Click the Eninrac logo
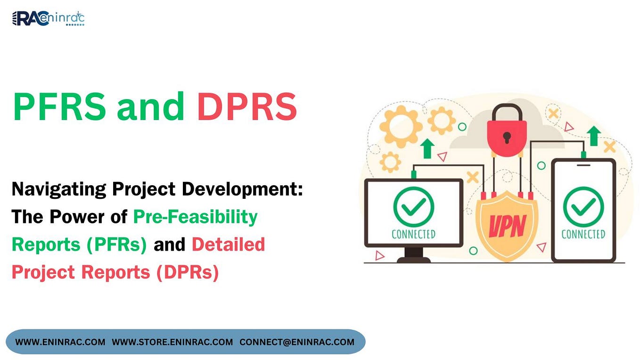pos(48,19)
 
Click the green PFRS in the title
pos(59,107)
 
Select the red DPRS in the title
pos(247,107)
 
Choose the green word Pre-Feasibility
pos(195,217)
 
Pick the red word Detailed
pos(228,245)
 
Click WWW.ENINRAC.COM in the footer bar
pos(60,342)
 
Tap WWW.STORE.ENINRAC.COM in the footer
pos(172,342)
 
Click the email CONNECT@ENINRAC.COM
pos(297,342)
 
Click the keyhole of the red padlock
pos(507,137)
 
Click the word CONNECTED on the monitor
pos(413,234)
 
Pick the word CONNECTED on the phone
pos(583,234)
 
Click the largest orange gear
pos(401,126)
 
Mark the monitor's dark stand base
pos(414,259)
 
